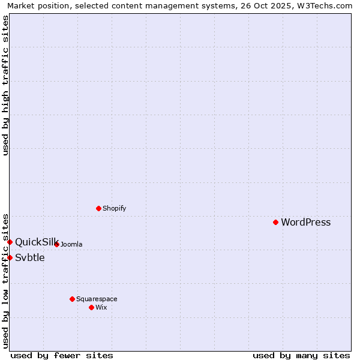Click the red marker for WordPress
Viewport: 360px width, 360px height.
point(275,222)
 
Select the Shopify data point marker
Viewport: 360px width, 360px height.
point(98,208)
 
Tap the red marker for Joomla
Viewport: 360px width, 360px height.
point(56,244)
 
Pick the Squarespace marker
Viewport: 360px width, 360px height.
point(72,299)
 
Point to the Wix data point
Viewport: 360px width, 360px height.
point(91,307)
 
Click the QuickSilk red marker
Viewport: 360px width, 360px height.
point(10,242)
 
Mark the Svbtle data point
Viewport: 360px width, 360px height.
point(10,257)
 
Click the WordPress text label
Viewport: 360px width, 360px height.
point(305,222)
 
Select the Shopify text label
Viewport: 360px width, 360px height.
point(114,208)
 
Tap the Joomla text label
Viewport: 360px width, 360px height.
point(71,244)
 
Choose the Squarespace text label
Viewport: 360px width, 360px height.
point(97,299)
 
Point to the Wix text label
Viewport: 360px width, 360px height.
point(101,307)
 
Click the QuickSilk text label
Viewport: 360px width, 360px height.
point(37,242)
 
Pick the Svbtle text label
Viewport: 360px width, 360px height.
point(30,257)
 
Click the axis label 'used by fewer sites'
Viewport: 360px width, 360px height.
point(62,355)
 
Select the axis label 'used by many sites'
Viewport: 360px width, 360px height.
point(301,355)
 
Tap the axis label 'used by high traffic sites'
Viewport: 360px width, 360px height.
point(5,85)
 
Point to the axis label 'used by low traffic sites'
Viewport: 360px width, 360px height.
point(5,281)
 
